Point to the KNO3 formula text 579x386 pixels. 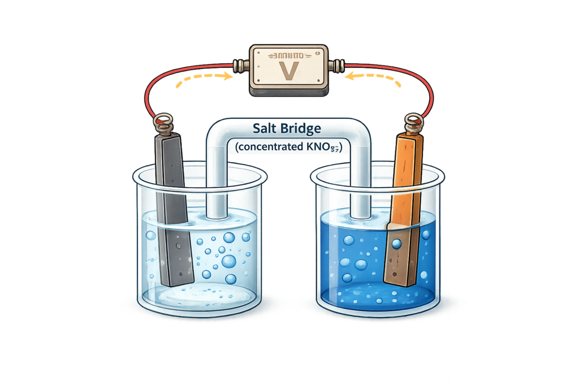tap(329, 148)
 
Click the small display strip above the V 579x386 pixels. tap(289, 55)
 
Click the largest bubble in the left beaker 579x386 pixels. tap(229, 261)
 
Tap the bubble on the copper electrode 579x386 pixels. tap(396, 244)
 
